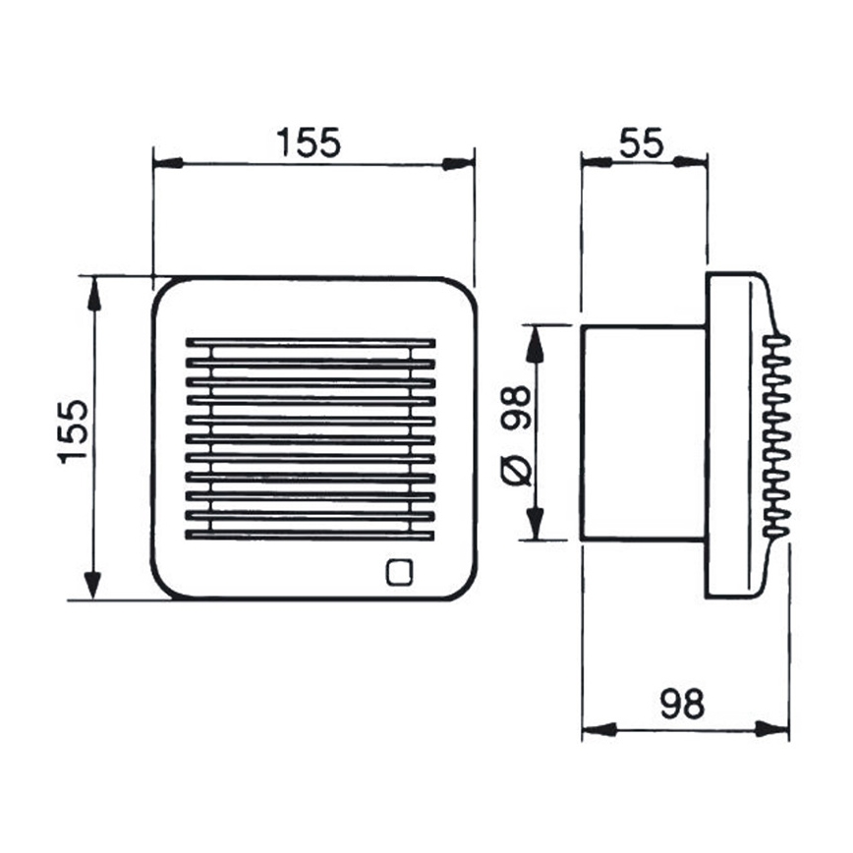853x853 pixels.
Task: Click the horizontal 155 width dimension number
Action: (x=308, y=142)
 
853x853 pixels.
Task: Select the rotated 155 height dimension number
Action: (x=75, y=431)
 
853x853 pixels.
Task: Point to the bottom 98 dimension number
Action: (x=682, y=704)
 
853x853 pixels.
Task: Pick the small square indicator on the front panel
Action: (x=400, y=572)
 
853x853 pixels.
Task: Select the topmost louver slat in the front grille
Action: (x=310, y=344)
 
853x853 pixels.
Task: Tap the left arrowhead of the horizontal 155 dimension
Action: (x=168, y=163)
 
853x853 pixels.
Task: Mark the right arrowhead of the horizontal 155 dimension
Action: (x=460, y=163)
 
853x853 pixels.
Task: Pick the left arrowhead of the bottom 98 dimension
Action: (x=597, y=729)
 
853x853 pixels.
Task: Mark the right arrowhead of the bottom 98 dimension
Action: (x=773, y=729)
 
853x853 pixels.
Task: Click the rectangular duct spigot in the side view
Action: (x=643, y=432)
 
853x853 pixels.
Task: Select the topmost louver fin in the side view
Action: (x=776, y=341)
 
